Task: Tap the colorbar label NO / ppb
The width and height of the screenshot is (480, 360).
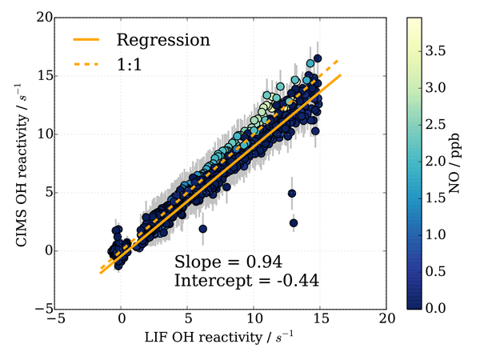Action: coord(463,162)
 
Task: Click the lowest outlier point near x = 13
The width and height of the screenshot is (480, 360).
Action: coord(294,222)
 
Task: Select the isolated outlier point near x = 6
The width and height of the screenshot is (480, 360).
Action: coord(203,229)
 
